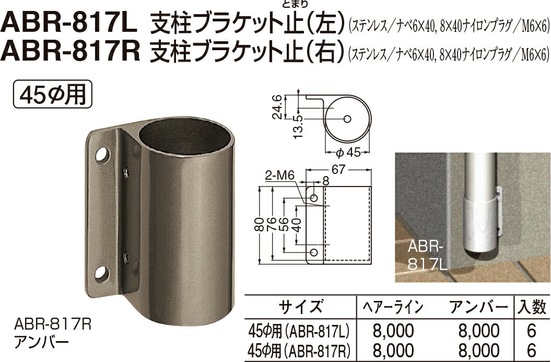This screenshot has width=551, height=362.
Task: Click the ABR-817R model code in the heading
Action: click(x=71, y=51)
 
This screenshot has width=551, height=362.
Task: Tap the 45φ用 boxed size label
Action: click(x=51, y=96)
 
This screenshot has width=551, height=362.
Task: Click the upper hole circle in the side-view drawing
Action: click(x=314, y=198)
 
